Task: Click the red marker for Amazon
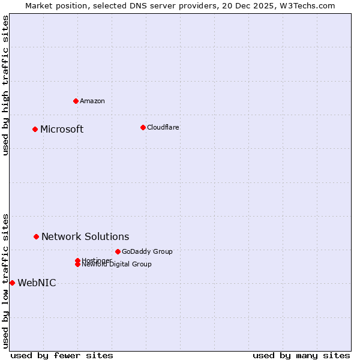[76, 101]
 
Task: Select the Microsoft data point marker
[35, 129]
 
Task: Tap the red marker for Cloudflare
[143, 127]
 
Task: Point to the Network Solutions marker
[36, 236]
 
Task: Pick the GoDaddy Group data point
[118, 251]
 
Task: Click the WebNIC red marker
[12, 283]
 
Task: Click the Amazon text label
[92, 101]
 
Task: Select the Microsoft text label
[62, 130]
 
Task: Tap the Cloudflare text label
[163, 127]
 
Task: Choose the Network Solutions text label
[85, 237]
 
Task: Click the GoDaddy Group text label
[147, 251]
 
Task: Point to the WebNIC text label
[37, 283]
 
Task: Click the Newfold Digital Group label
[117, 265]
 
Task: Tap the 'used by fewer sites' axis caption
[62, 356]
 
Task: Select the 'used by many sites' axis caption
[301, 356]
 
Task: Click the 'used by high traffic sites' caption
[5, 85]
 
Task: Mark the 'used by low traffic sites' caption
[5, 281]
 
